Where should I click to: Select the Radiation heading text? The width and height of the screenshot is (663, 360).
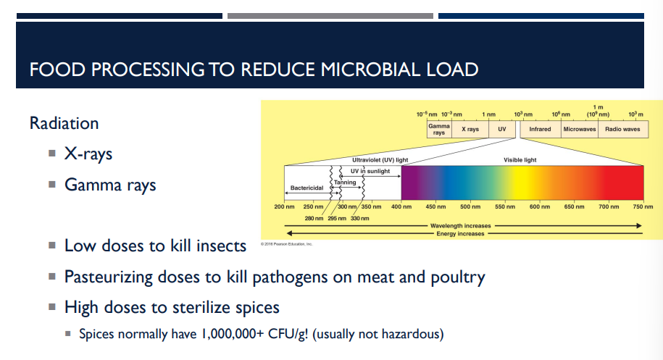pos(64,123)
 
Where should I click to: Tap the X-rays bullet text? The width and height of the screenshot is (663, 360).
pos(88,154)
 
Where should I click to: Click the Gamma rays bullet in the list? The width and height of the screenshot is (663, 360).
pos(110,185)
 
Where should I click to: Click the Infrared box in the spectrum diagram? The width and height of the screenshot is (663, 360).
pos(540,129)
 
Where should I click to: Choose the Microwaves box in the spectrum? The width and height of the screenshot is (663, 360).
pos(580,129)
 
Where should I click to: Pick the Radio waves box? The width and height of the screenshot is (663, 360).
pos(622,129)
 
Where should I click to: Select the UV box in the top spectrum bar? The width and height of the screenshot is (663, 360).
pos(501,129)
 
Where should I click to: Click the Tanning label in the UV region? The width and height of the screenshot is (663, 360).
pos(345,183)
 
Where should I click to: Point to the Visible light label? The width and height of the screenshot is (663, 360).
pos(520,159)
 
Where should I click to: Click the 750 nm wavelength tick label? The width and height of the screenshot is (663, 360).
pos(642,207)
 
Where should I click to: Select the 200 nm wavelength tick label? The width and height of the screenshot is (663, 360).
pos(284,207)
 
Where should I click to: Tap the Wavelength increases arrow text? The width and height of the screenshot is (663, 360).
pos(461,226)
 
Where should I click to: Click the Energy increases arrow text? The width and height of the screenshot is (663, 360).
pos(461,234)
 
